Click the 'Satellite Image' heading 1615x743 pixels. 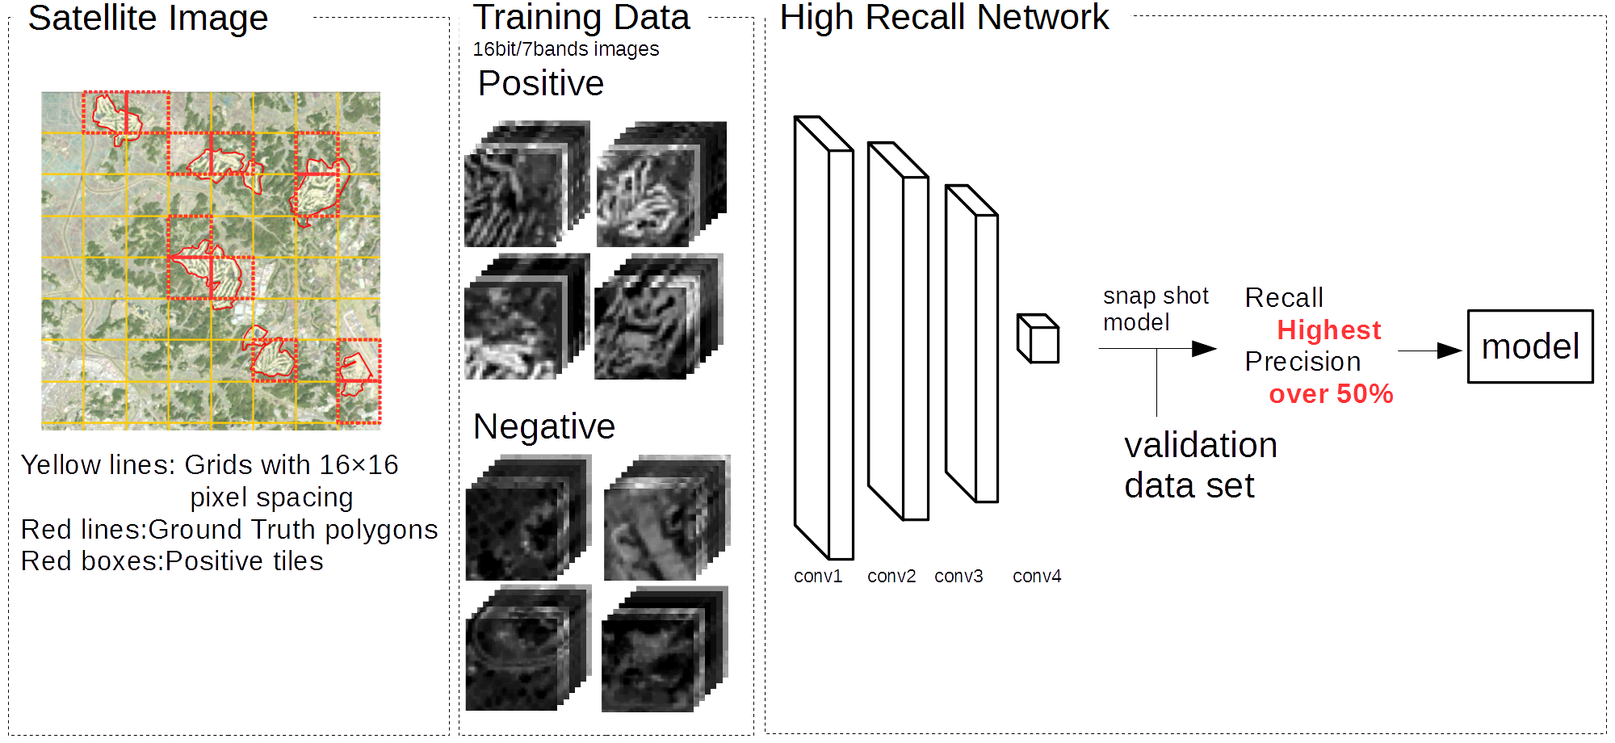pos(148,18)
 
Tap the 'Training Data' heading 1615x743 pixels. pos(581,18)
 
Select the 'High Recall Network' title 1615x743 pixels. pos(944,18)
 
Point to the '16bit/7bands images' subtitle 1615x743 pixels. pos(565,49)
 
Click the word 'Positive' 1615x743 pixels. pos(540,83)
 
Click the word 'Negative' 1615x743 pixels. pos(543,426)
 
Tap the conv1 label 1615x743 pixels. pos(817,576)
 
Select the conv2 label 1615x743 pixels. pos(891,576)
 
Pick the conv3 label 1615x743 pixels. pos(959,576)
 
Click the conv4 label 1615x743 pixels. pos(1037,576)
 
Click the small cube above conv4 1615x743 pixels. pos(1038,338)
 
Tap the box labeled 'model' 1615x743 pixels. pos(1530,346)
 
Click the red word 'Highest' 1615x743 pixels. pos(1328,330)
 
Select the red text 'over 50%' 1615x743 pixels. pos(1331,394)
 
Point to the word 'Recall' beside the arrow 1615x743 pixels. pos(1284,298)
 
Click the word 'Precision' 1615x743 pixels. pos(1302,362)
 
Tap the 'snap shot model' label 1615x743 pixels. pos(1155,309)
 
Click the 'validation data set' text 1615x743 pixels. pos(1200,465)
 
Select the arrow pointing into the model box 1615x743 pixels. pos(1429,351)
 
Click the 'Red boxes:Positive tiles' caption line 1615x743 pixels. pos(172,561)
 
